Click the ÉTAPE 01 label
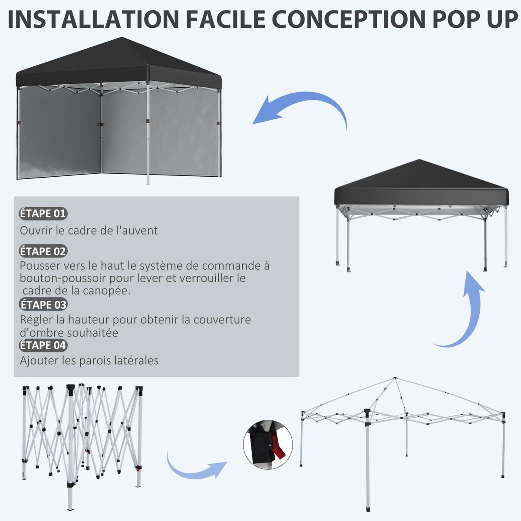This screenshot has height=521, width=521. [43, 214]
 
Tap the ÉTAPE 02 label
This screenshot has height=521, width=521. [43, 251]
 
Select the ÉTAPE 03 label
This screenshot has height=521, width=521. [43, 305]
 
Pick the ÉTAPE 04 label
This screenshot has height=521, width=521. [43, 346]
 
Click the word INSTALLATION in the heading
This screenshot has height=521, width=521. [93, 19]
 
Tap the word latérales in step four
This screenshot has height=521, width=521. [137, 360]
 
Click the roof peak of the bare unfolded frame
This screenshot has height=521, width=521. [395, 379]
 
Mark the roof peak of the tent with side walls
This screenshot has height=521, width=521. [118, 39]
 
